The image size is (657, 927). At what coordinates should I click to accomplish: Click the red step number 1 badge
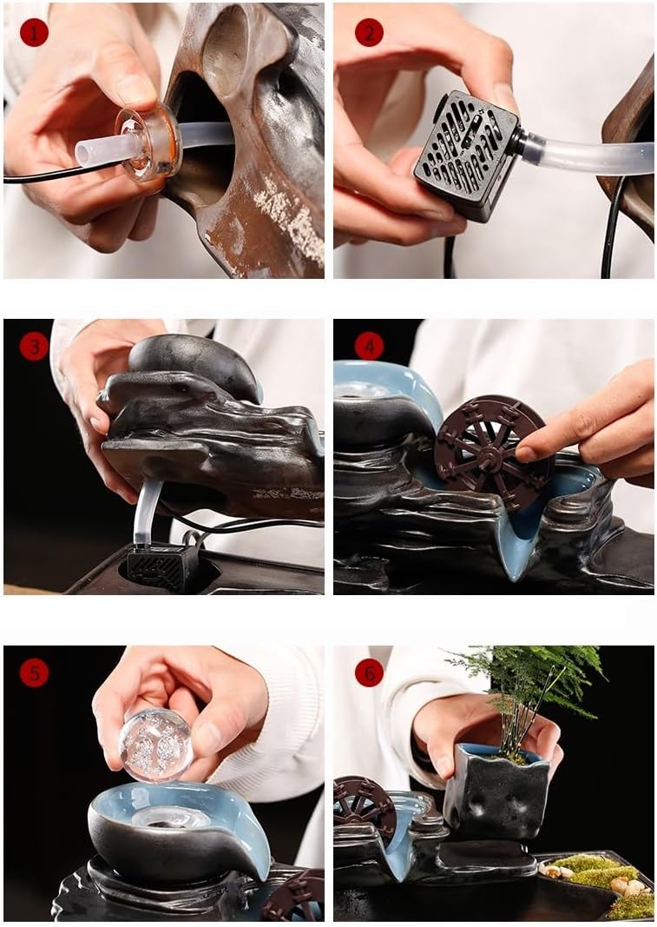pyautogui.click(x=34, y=33)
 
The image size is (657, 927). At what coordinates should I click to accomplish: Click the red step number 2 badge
pyautogui.click(x=369, y=33)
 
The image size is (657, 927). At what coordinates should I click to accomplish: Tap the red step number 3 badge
pyautogui.click(x=34, y=348)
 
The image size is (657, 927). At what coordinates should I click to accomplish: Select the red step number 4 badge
pyautogui.click(x=369, y=348)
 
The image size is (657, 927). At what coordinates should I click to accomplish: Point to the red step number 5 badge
pyautogui.click(x=34, y=672)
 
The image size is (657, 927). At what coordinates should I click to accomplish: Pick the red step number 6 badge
pyautogui.click(x=369, y=672)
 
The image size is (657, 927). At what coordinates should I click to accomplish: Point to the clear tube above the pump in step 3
pyautogui.click(x=146, y=513)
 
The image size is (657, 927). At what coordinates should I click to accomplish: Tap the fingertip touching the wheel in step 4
pyautogui.click(x=527, y=453)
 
